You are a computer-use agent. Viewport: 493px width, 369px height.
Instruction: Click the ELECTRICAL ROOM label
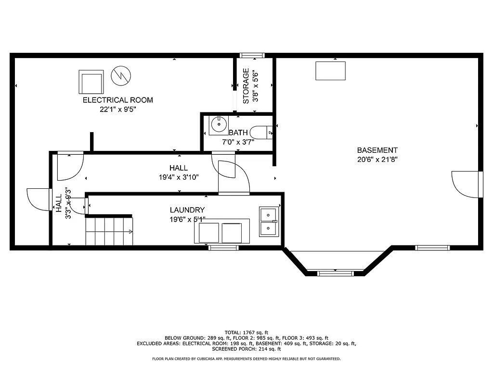(x=117, y=100)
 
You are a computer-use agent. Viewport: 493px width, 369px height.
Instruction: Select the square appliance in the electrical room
(x=91, y=82)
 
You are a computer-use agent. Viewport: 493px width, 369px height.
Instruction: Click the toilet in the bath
(x=264, y=132)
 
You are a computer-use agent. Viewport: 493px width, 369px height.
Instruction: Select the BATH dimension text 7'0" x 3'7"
(x=238, y=142)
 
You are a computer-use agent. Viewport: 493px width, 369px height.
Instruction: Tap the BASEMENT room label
(x=377, y=150)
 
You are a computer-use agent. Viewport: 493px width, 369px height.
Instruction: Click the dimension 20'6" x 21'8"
(x=377, y=159)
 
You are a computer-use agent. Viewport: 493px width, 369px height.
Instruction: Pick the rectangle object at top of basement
(x=330, y=71)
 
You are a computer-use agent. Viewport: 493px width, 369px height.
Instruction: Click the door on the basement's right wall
(x=467, y=184)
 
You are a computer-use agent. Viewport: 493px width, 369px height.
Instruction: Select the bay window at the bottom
(x=335, y=273)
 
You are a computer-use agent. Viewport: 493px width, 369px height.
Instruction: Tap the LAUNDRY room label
(x=187, y=210)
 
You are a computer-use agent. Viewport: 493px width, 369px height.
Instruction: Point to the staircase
(x=109, y=231)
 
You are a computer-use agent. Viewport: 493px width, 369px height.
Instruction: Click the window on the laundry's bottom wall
(x=223, y=248)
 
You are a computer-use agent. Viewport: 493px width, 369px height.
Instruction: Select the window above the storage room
(x=252, y=55)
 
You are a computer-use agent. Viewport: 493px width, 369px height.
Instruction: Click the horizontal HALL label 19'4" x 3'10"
(x=178, y=172)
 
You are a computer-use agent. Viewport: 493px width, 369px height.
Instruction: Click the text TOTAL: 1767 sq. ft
(x=246, y=332)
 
